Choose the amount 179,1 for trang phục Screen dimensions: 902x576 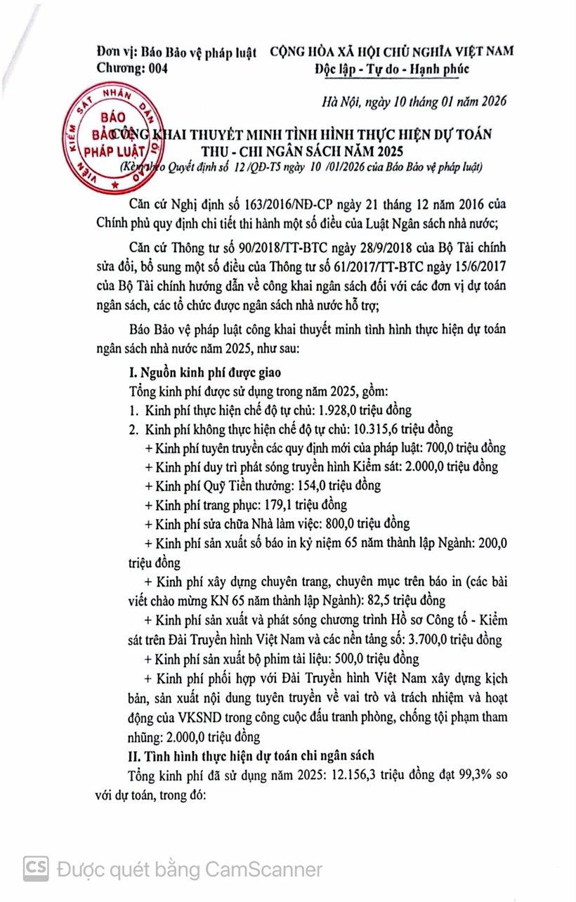pyautogui.click(x=276, y=504)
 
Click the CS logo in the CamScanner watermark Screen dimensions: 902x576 pyautogui.click(x=36, y=868)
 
